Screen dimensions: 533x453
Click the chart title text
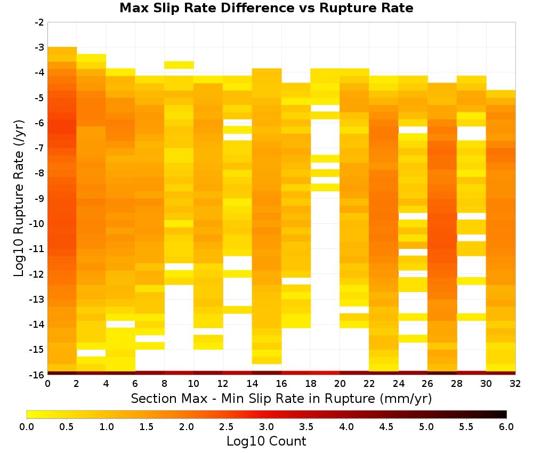coord(266,8)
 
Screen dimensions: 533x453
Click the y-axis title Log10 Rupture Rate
coord(19,198)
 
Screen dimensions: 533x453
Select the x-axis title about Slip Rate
coord(281,399)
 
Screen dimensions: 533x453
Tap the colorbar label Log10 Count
coord(266,441)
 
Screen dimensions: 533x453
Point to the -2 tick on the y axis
coord(39,22)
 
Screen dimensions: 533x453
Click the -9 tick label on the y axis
coord(39,198)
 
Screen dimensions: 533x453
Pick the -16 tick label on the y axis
coord(37,375)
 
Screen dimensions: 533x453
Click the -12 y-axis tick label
coord(37,274)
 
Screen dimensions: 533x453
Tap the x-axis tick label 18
coord(311,384)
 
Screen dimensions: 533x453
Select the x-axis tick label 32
coord(515,384)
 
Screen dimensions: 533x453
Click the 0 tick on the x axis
coord(47,384)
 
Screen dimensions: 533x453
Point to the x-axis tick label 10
coord(194,384)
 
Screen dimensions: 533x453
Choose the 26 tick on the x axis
coord(427,384)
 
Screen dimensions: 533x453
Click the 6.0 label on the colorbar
coord(506,427)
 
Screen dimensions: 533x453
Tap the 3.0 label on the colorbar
coord(266,427)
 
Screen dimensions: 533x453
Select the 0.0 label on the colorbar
coord(27,427)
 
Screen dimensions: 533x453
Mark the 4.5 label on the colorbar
coord(386,427)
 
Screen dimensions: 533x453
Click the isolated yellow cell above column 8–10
coord(179,65)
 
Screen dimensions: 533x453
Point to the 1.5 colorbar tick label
coord(147,427)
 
